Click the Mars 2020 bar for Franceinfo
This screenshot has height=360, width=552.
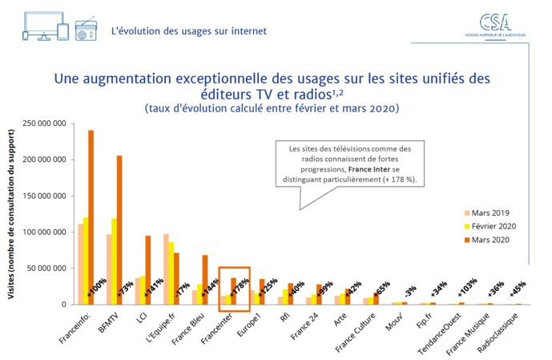(91, 216)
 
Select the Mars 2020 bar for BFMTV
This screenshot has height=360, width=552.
(119, 229)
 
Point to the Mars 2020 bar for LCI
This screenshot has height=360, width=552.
(148, 269)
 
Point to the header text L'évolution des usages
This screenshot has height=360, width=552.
(189, 31)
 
